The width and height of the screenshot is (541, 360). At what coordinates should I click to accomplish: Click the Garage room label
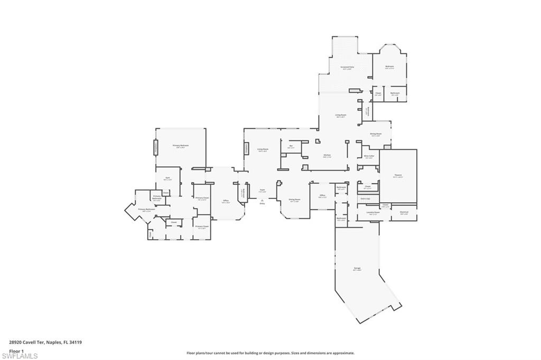(357, 269)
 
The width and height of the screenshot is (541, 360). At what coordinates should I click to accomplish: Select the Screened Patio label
(347, 68)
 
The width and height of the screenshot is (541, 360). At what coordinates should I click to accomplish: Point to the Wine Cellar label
(369, 156)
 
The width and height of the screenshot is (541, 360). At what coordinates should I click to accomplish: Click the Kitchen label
(327, 155)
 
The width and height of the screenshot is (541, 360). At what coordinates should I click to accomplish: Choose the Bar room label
(291, 146)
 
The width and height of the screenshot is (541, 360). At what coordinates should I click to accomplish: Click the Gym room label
(167, 178)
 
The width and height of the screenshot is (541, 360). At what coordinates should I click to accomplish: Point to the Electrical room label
(404, 212)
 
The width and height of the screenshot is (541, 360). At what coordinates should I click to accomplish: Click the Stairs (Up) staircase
(365, 198)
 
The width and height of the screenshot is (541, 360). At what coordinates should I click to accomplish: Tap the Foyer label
(262, 190)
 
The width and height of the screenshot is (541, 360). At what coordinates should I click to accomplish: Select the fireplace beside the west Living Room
(246, 147)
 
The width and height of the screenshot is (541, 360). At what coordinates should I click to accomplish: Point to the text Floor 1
(16, 351)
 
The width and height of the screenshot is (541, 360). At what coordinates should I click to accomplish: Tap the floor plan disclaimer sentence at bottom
(270, 353)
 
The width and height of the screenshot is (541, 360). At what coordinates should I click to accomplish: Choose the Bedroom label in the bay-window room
(389, 67)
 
